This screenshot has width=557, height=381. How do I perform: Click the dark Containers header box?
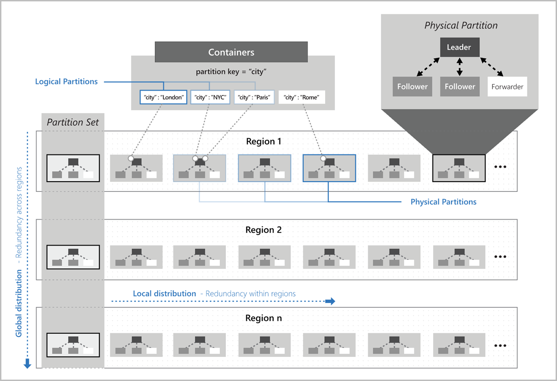[231, 52]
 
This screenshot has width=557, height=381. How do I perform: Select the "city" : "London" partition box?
[163, 97]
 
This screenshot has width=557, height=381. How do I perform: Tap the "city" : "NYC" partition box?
[210, 97]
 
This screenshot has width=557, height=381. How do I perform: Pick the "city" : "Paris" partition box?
[254, 97]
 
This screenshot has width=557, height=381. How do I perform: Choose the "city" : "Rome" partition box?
[302, 97]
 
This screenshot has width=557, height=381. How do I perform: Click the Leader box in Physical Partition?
[459, 47]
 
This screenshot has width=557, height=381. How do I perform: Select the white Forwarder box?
[507, 86]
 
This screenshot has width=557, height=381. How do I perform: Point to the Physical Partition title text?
[460, 25]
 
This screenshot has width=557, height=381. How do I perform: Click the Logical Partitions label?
[67, 81]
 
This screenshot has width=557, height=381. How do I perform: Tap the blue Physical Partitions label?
[443, 202]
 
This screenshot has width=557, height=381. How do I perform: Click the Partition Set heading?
[73, 123]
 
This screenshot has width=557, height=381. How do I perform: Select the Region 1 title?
[263, 141]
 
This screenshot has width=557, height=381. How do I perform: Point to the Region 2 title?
[263, 230]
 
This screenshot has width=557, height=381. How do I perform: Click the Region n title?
[263, 318]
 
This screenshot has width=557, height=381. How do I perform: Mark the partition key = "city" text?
[231, 72]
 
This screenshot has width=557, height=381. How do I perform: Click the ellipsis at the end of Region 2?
[501, 257]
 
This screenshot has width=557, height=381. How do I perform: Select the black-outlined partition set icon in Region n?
[73, 345]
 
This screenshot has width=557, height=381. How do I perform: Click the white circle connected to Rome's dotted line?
[323, 159]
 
